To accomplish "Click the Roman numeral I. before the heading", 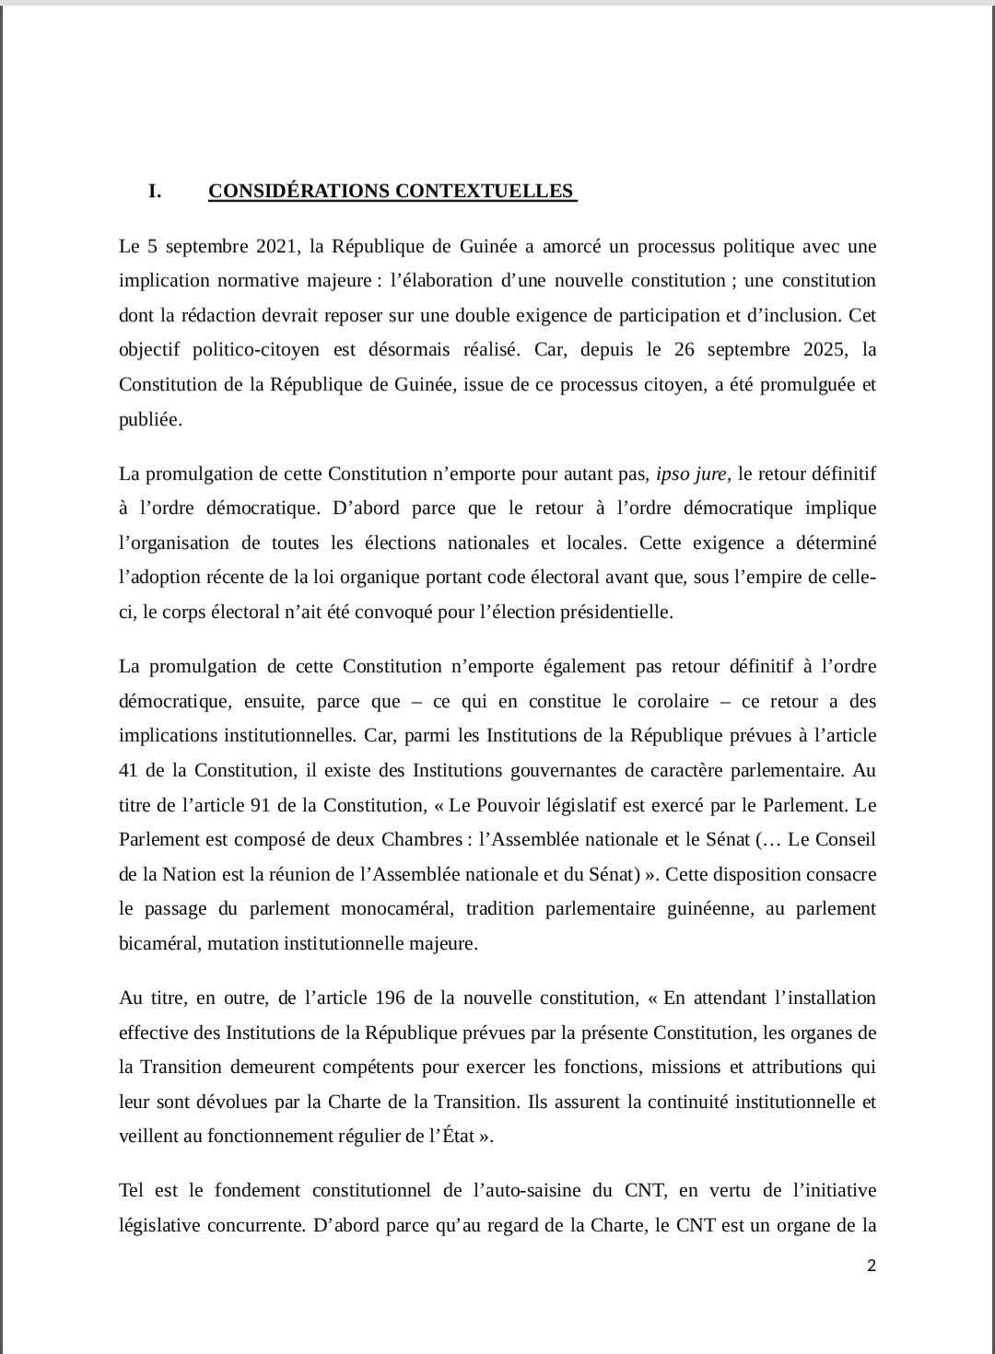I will pyautogui.click(x=155, y=192).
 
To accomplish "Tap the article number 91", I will pyautogui.click(x=260, y=805).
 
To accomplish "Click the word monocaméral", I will pyautogui.click(x=396, y=908).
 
